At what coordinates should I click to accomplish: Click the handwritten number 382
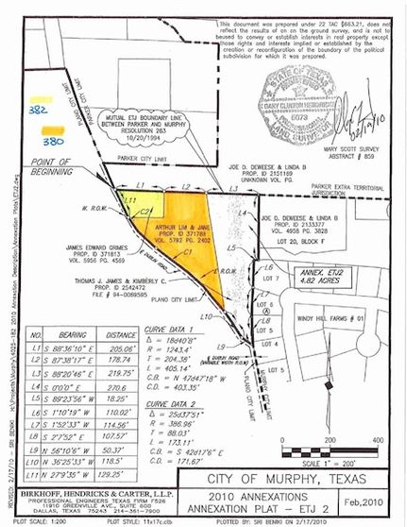(40, 110)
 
